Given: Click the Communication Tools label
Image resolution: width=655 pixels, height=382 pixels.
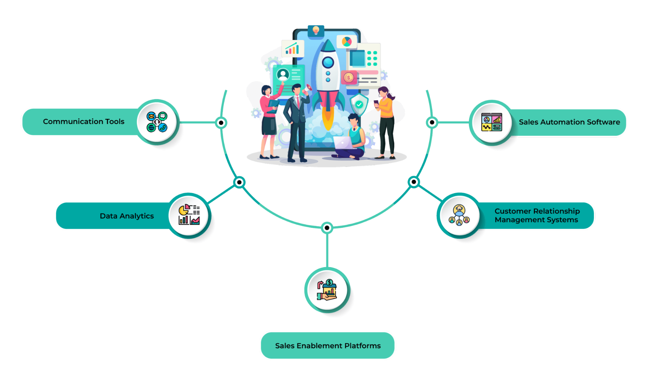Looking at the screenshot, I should [x=84, y=121].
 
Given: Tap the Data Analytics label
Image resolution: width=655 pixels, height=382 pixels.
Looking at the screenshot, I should [x=126, y=216].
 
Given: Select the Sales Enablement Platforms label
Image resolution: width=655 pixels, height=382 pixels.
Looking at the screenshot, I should [x=328, y=346].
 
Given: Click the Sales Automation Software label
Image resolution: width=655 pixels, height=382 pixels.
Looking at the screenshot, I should [x=569, y=122].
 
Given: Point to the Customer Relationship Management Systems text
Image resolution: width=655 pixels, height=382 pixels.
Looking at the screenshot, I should [x=537, y=215].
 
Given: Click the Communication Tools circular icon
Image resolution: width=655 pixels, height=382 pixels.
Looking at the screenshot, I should [x=157, y=122].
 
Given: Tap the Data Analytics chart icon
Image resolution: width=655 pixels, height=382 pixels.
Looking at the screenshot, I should [x=189, y=215].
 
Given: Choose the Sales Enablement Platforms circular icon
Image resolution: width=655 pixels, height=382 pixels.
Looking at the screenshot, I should [x=327, y=290].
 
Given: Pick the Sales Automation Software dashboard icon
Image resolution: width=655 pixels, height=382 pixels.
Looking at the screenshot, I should [x=491, y=122].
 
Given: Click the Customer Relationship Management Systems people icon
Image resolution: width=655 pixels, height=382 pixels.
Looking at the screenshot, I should [x=459, y=215].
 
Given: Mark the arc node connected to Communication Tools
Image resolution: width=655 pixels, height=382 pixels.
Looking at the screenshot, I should [x=221, y=123].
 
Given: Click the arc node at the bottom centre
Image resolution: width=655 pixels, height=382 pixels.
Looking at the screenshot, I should [x=327, y=227].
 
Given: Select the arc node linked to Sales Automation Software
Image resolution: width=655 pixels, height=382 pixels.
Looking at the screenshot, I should [x=432, y=122].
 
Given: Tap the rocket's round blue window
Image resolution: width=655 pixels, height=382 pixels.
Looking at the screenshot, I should [x=328, y=62].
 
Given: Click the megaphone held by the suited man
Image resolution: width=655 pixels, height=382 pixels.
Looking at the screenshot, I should [x=308, y=89].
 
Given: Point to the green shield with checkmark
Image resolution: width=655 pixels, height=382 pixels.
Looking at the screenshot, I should [x=359, y=104].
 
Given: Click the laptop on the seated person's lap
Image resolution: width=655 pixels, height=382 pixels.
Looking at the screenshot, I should [x=342, y=143].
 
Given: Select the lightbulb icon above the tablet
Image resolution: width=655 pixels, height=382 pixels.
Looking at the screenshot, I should [x=316, y=30].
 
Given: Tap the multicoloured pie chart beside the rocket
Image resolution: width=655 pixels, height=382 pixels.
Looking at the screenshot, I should [x=347, y=42].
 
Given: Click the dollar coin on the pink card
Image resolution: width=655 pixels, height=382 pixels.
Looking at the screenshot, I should [x=349, y=78].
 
